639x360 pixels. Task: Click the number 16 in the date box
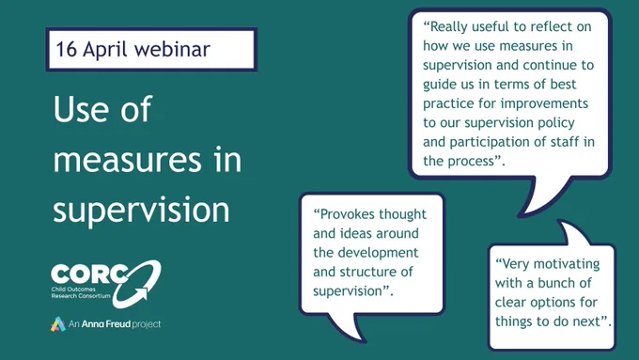click(x=66, y=49)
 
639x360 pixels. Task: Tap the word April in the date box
click(x=105, y=50)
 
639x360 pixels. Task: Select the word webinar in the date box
click(x=172, y=49)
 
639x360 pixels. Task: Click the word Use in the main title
click(x=81, y=109)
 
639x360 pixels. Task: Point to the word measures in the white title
click(x=128, y=160)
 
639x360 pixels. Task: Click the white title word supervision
click(x=141, y=209)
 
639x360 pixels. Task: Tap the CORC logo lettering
click(x=89, y=274)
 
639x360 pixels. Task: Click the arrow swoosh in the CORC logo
click(x=137, y=284)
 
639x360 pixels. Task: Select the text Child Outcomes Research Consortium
click(x=81, y=292)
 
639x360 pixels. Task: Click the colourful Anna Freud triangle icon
click(x=58, y=324)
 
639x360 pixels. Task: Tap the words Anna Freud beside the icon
click(x=106, y=324)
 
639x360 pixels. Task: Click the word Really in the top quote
click(x=448, y=27)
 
